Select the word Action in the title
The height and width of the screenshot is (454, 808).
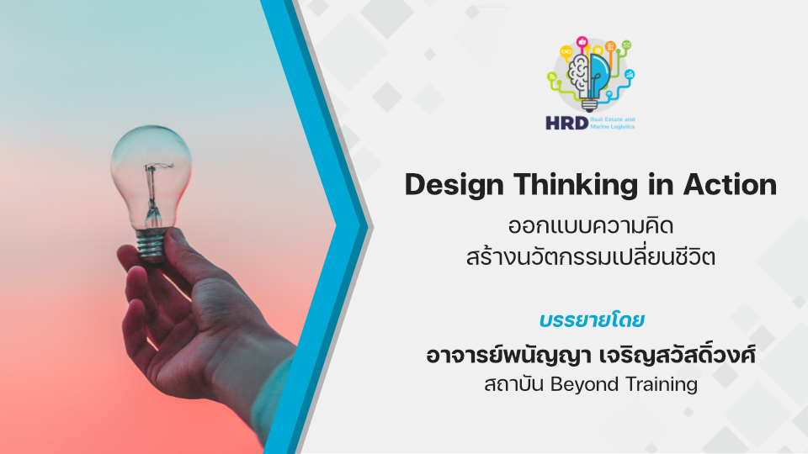[x=731, y=184]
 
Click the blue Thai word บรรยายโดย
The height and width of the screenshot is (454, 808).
[x=592, y=320]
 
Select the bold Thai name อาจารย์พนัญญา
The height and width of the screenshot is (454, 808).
[x=508, y=356]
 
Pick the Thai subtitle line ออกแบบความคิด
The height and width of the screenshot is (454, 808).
[x=591, y=226]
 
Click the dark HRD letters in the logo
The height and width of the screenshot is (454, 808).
[x=566, y=123]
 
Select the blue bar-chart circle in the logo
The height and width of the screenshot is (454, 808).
[x=630, y=75]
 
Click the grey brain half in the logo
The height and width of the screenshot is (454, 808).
[x=579, y=76]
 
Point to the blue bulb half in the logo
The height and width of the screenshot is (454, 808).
[x=600, y=76]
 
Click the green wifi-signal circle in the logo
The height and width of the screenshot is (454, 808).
[x=552, y=77]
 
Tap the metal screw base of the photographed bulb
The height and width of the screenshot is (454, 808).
[x=151, y=245]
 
